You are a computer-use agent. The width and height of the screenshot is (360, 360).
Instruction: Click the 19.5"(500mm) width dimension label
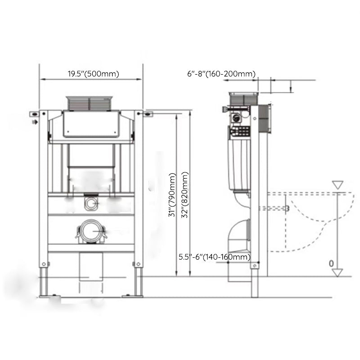point(94,74)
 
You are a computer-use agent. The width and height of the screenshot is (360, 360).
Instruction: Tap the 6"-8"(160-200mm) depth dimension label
point(221,74)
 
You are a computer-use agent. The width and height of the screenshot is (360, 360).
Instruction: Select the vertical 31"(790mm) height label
point(172,195)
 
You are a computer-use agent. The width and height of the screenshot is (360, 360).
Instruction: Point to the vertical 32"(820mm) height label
point(185,195)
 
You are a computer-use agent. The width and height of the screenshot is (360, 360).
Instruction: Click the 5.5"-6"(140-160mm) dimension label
point(215,256)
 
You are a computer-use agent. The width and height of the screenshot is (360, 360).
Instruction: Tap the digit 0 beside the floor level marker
point(331,263)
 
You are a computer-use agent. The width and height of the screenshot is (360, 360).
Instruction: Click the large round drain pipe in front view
point(91,231)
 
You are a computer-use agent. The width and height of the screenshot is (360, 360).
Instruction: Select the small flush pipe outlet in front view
point(91,203)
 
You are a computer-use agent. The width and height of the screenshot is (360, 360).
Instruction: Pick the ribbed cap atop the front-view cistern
point(89,103)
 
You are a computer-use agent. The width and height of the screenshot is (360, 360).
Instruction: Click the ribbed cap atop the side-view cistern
point(244,99)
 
